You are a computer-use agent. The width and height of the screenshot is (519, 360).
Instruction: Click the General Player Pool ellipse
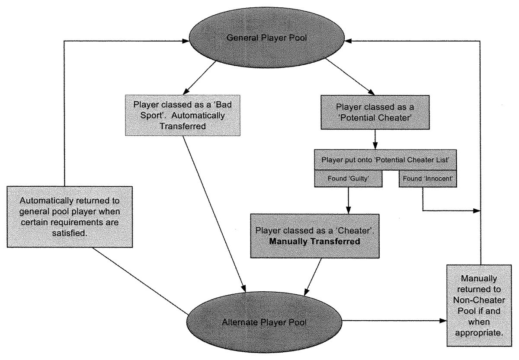pyautogui.click(x=266, y=38)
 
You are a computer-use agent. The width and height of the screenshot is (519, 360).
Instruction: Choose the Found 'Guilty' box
pyautogui.click(x=347, y=178)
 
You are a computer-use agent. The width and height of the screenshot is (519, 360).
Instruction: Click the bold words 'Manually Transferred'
pyautogui.click(x=314, y=241)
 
